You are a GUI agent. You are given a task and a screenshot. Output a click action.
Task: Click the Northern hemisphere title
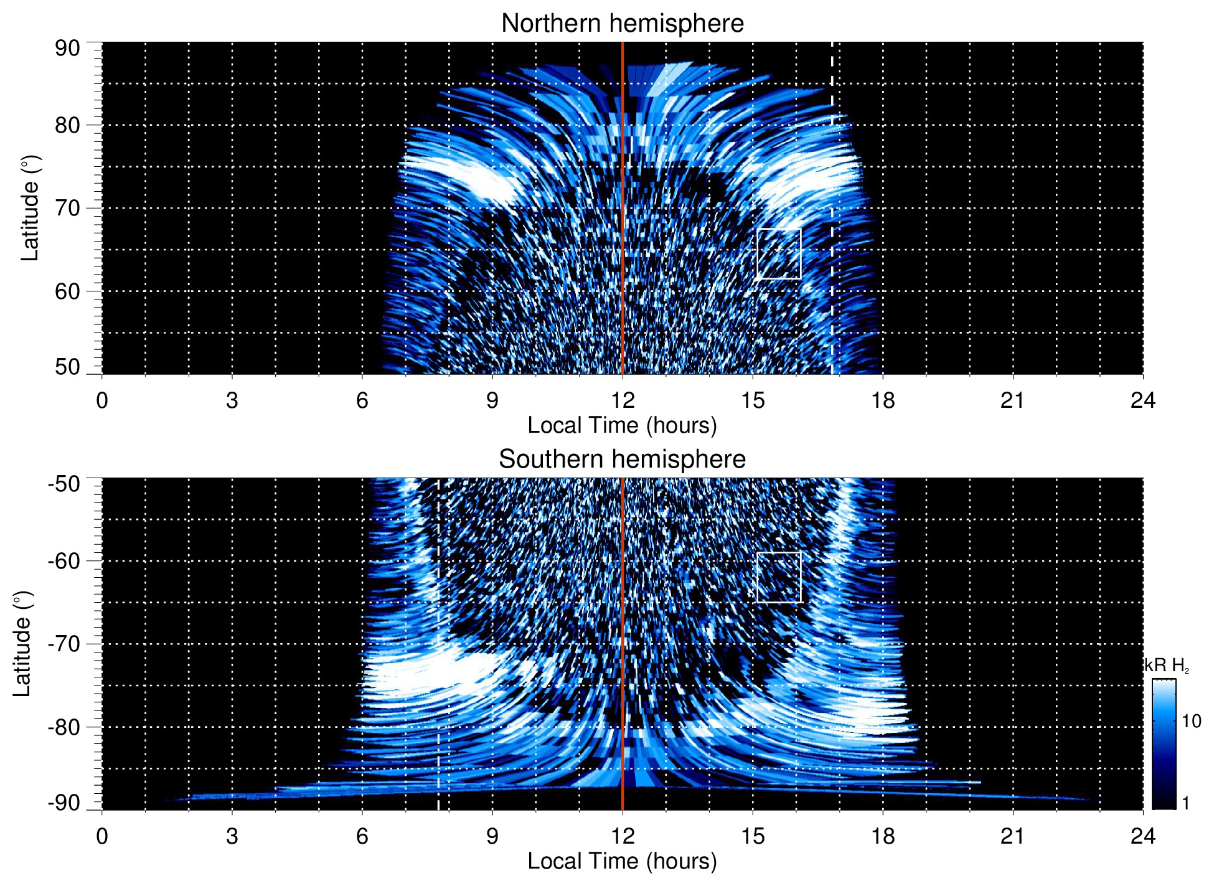(x=622, y=24)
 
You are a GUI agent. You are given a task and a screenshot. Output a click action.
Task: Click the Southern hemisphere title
(x=622, y=459)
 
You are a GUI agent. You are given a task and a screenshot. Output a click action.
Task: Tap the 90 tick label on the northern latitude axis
(x=67, y=49)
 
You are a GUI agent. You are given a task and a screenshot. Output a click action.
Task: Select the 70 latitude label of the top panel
(x=67, y=208)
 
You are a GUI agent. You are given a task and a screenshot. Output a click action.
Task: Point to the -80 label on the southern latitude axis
(x=64, y=727)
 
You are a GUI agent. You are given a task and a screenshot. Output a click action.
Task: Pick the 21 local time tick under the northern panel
(x=1012, y=400)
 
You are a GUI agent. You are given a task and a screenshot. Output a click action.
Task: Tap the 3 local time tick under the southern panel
(x=232, y=836)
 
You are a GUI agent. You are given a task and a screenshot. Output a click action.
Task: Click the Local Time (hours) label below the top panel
(x=622, y=425)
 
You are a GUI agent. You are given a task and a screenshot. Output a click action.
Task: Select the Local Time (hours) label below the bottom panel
(x=622, y=861)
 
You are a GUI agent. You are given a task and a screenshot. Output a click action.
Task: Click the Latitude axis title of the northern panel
(x=30, y=208)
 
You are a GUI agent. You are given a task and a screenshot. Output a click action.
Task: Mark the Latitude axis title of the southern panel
(x=22, y=644)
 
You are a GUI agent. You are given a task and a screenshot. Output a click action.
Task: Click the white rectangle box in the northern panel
(x=778, y=253)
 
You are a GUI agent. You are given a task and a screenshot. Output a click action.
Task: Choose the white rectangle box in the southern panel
(x=778, y=577)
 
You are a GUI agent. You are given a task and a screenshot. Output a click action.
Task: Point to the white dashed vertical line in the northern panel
(x=832, y=187)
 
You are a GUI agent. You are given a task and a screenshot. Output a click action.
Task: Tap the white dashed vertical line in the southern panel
(x=439, y=623)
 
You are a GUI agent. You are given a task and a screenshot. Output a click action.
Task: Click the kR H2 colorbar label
(x=1166, y=666)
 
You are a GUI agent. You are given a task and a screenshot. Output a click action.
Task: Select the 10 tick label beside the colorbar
(x=1191, y=722)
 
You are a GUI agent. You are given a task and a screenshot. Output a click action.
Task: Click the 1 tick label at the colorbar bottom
(x=1185, y=803)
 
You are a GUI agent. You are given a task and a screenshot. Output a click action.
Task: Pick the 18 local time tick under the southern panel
(x=882, y=836)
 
